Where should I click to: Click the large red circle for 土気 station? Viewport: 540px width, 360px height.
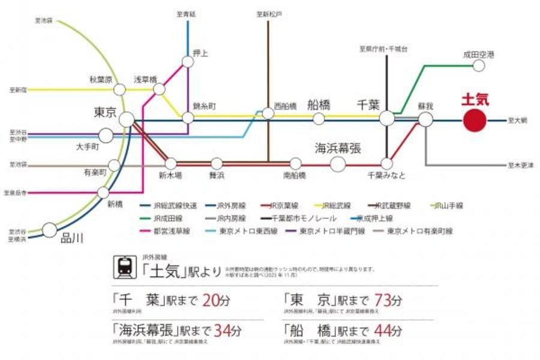pos(475,120)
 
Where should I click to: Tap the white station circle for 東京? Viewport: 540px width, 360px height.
pos(127,119)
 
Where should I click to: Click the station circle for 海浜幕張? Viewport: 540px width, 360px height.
pos(338,163)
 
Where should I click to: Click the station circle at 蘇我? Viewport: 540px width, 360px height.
pos(425,119)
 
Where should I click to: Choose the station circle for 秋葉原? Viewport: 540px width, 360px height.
pos(119,89)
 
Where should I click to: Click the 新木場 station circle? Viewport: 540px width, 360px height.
pos(171,163)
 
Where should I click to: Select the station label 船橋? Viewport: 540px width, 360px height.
pos(319,104)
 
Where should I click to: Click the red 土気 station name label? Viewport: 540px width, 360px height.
pos(475,100)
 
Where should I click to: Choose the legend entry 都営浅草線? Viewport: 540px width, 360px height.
pos(165,231)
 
